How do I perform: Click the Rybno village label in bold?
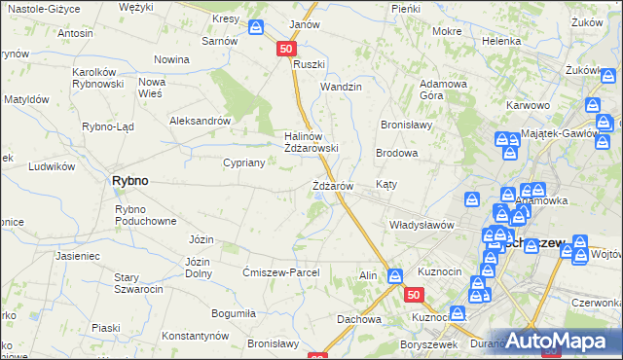pyautogui.click(x=129, y=181)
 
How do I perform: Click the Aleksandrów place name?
pyautogui.click(x=200, y=121)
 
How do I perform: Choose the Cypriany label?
pyautogui.click(x=244, y=163)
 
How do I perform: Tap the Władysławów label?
pyautogui.click(x=421, y=225)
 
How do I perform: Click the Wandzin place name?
pyautogui.click(x=342, y=87)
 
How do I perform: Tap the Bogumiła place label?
pyautogui.click(x=233, y=313)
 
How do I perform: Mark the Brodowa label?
pyautogui.click(x=397, y=154)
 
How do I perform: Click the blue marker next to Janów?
pyautogui.click(x=256, y=29)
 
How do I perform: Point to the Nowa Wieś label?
pyautogui.click(x=152, y=88)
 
